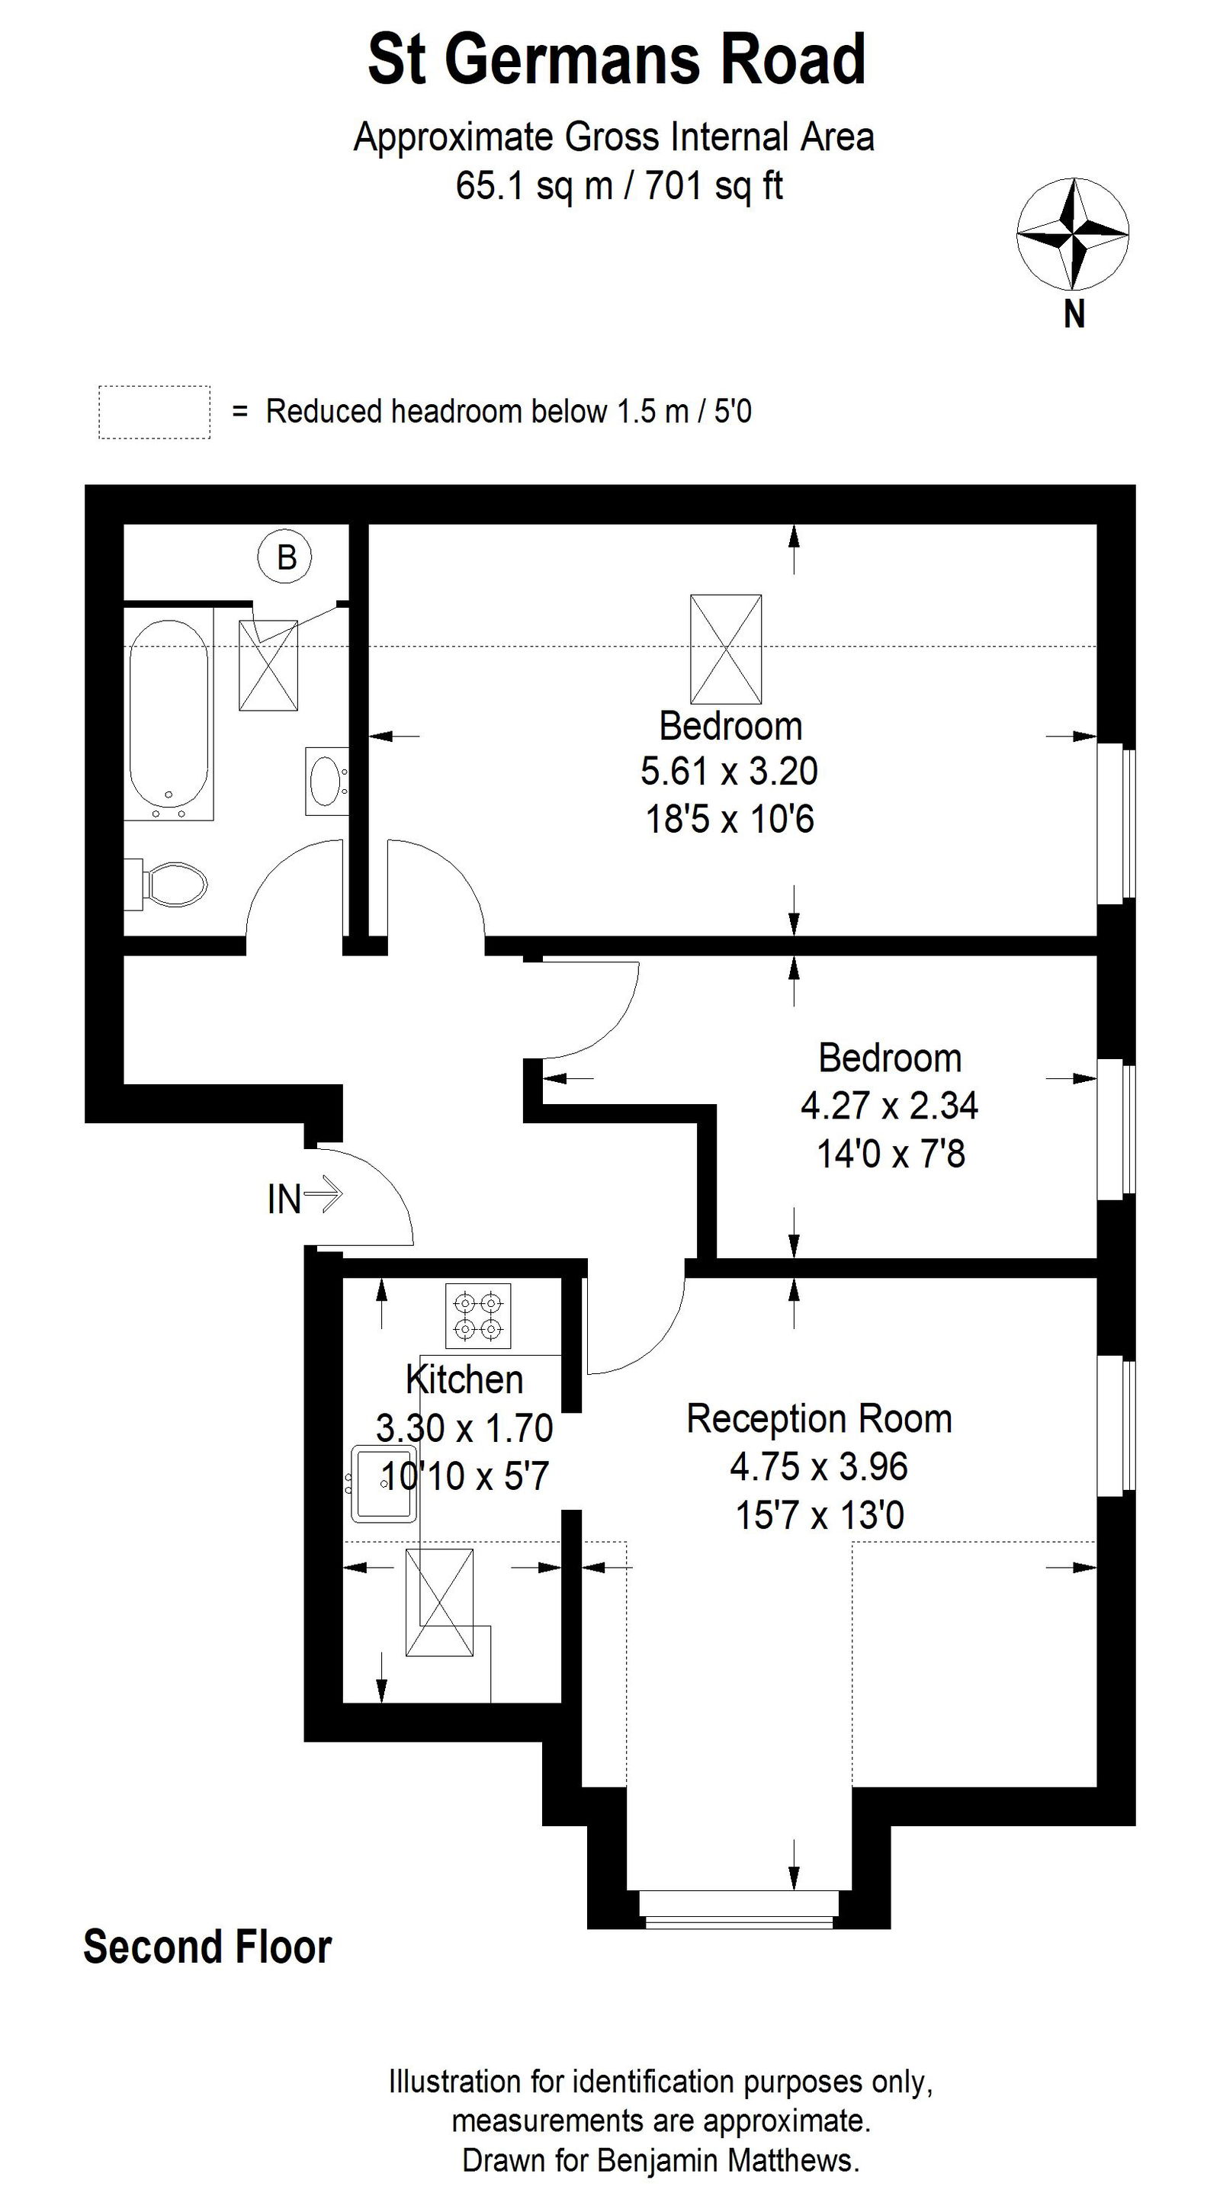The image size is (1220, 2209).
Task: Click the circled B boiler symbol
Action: click(x=284, y=557)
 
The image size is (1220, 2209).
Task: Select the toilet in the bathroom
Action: click(x=172, y=883)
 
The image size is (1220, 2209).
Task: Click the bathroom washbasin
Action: click(x=326, y=780)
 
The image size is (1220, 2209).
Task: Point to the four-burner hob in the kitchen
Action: click(x=477, y=1315)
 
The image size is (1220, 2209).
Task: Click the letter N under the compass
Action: click(x=1074, y=315)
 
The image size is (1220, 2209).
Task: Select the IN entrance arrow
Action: click(x=323, y=1193)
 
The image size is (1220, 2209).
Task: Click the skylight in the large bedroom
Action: click(x=726, y=649)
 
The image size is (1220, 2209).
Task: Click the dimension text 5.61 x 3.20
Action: click(x=729, y=771)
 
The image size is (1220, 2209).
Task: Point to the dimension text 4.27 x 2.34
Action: click(x=889, y=1106)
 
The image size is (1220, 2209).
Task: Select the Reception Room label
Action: click(x=819, y=1418)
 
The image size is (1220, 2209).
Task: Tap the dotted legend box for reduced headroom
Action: click(x=154, y=413)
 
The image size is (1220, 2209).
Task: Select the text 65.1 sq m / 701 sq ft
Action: click(x=619, y=185)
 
